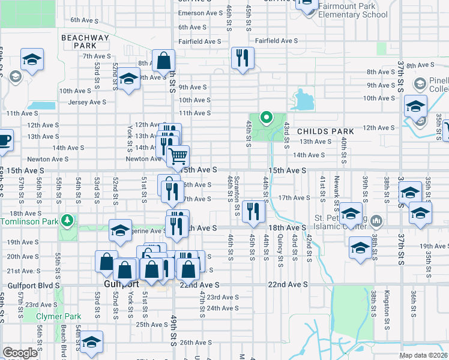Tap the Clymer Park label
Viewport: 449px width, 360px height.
(58, 316)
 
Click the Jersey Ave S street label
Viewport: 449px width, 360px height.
(86, 102)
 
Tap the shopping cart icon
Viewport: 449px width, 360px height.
(178, 156)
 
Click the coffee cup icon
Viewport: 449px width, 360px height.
(4, 140)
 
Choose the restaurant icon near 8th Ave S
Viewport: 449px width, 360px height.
(243, 58)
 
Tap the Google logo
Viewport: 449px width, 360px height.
(20, 353)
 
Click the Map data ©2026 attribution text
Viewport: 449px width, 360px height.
(423, 356)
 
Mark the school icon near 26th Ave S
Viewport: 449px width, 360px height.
(92, 341)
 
